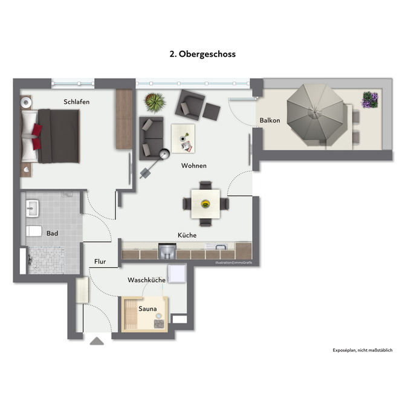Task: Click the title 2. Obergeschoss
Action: click(202, 54)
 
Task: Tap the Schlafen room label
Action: click(77, 102)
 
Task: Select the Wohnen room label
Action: click(194, 166)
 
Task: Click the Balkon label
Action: click(270, 120)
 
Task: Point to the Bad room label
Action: click(52, 233)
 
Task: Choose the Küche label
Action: click(187, 235)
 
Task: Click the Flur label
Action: click(100, 262)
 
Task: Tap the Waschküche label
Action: click(146, 280)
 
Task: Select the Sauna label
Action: click(147, 309)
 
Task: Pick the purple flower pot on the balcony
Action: click(369, 99)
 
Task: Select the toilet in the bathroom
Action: click(34, 232)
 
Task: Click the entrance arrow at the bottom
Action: click(97, 342)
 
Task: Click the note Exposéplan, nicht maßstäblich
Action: click(363, 351)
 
